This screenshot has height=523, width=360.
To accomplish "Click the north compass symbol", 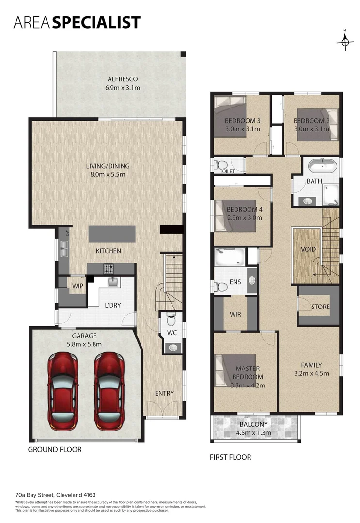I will pyautogui.click(x=344, y=42).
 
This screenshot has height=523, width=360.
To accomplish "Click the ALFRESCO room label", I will pyautogui.click(x=123, y=79).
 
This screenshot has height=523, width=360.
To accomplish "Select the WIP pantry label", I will pyautogui.click(x=78, y=286).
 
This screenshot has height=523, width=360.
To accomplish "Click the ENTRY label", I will pyautogui.click(x=164, y=393).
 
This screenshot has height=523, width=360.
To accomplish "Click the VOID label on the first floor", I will pyautogui.click(x=308, y=249).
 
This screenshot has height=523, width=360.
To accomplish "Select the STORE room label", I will pyautogui.click(x=320, y=307).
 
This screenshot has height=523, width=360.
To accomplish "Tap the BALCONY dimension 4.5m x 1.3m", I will pyautogui.click(x=253, y=432).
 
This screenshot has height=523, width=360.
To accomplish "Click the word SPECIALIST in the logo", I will pyautogui.click(x=96, y=22).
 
